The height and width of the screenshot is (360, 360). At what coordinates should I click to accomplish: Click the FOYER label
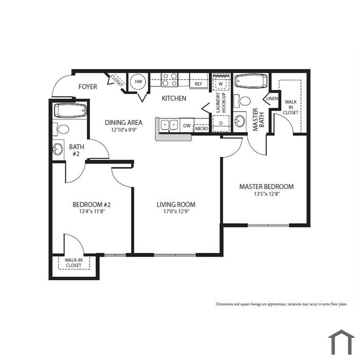(x=87, y=87)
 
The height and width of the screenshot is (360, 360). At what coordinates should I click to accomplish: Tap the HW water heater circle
(x=138, y=82)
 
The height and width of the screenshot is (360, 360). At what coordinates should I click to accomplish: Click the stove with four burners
(x=170, y=80)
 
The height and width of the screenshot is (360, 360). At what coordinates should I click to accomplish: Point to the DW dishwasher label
(x=187, y=126)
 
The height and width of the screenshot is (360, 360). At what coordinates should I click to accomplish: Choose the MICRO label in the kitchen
(x=202, y=129)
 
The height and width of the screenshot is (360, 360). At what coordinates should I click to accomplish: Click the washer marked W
(x=221, y=83)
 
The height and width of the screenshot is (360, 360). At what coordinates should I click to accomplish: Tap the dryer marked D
(x=221, y=123)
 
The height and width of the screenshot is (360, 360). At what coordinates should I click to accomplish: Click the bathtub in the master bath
(x=251, y=81)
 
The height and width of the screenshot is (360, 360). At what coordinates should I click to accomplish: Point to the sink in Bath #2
(x=58, y=149)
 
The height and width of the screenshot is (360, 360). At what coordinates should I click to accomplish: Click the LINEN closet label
(x=272, y=99)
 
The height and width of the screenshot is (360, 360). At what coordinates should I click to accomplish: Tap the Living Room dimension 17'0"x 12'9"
(x=176, y=211)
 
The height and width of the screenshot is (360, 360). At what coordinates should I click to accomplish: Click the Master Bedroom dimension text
(x=266, y=194)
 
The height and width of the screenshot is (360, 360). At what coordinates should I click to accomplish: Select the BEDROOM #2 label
(x=92, y=205)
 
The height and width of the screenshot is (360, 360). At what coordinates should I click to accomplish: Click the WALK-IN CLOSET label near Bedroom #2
(x=74, y=263)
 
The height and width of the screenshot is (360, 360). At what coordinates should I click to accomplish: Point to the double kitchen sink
(x=169, y=125)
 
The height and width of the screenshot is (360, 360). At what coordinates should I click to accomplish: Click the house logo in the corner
(x=341, y=342)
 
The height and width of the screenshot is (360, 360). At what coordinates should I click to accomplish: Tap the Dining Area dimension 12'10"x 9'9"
(x=124, y=130)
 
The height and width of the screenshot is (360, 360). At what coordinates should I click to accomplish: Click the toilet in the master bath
(x=242, y=101)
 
